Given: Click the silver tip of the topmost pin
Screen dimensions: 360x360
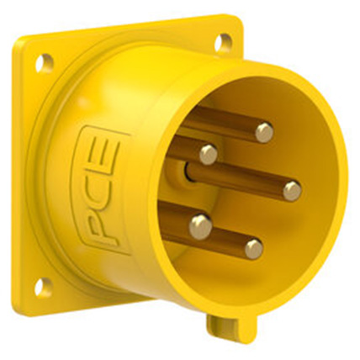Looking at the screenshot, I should tap(264, 131).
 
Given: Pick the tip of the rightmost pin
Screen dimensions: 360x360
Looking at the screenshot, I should tap(292, 190).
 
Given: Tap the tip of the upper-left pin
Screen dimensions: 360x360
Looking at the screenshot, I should tap(208, 154).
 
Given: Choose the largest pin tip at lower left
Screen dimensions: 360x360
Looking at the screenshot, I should tap(200, 225).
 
